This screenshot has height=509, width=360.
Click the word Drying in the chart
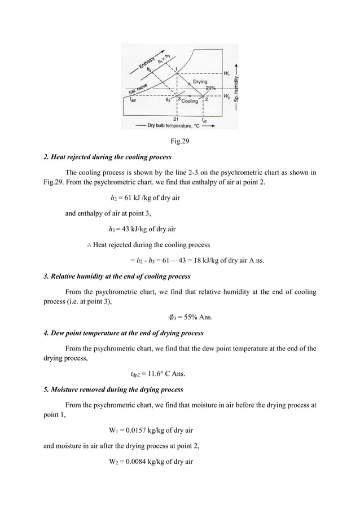(200, 82)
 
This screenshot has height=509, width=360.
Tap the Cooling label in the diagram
(190, 101)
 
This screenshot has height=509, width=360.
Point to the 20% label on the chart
(210, 88)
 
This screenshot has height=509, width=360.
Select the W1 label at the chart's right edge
(226, 74)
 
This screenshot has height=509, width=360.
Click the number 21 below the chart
(177, 119)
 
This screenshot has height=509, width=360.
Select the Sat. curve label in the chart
(138, 89)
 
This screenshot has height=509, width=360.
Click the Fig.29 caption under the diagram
(180, 141)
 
